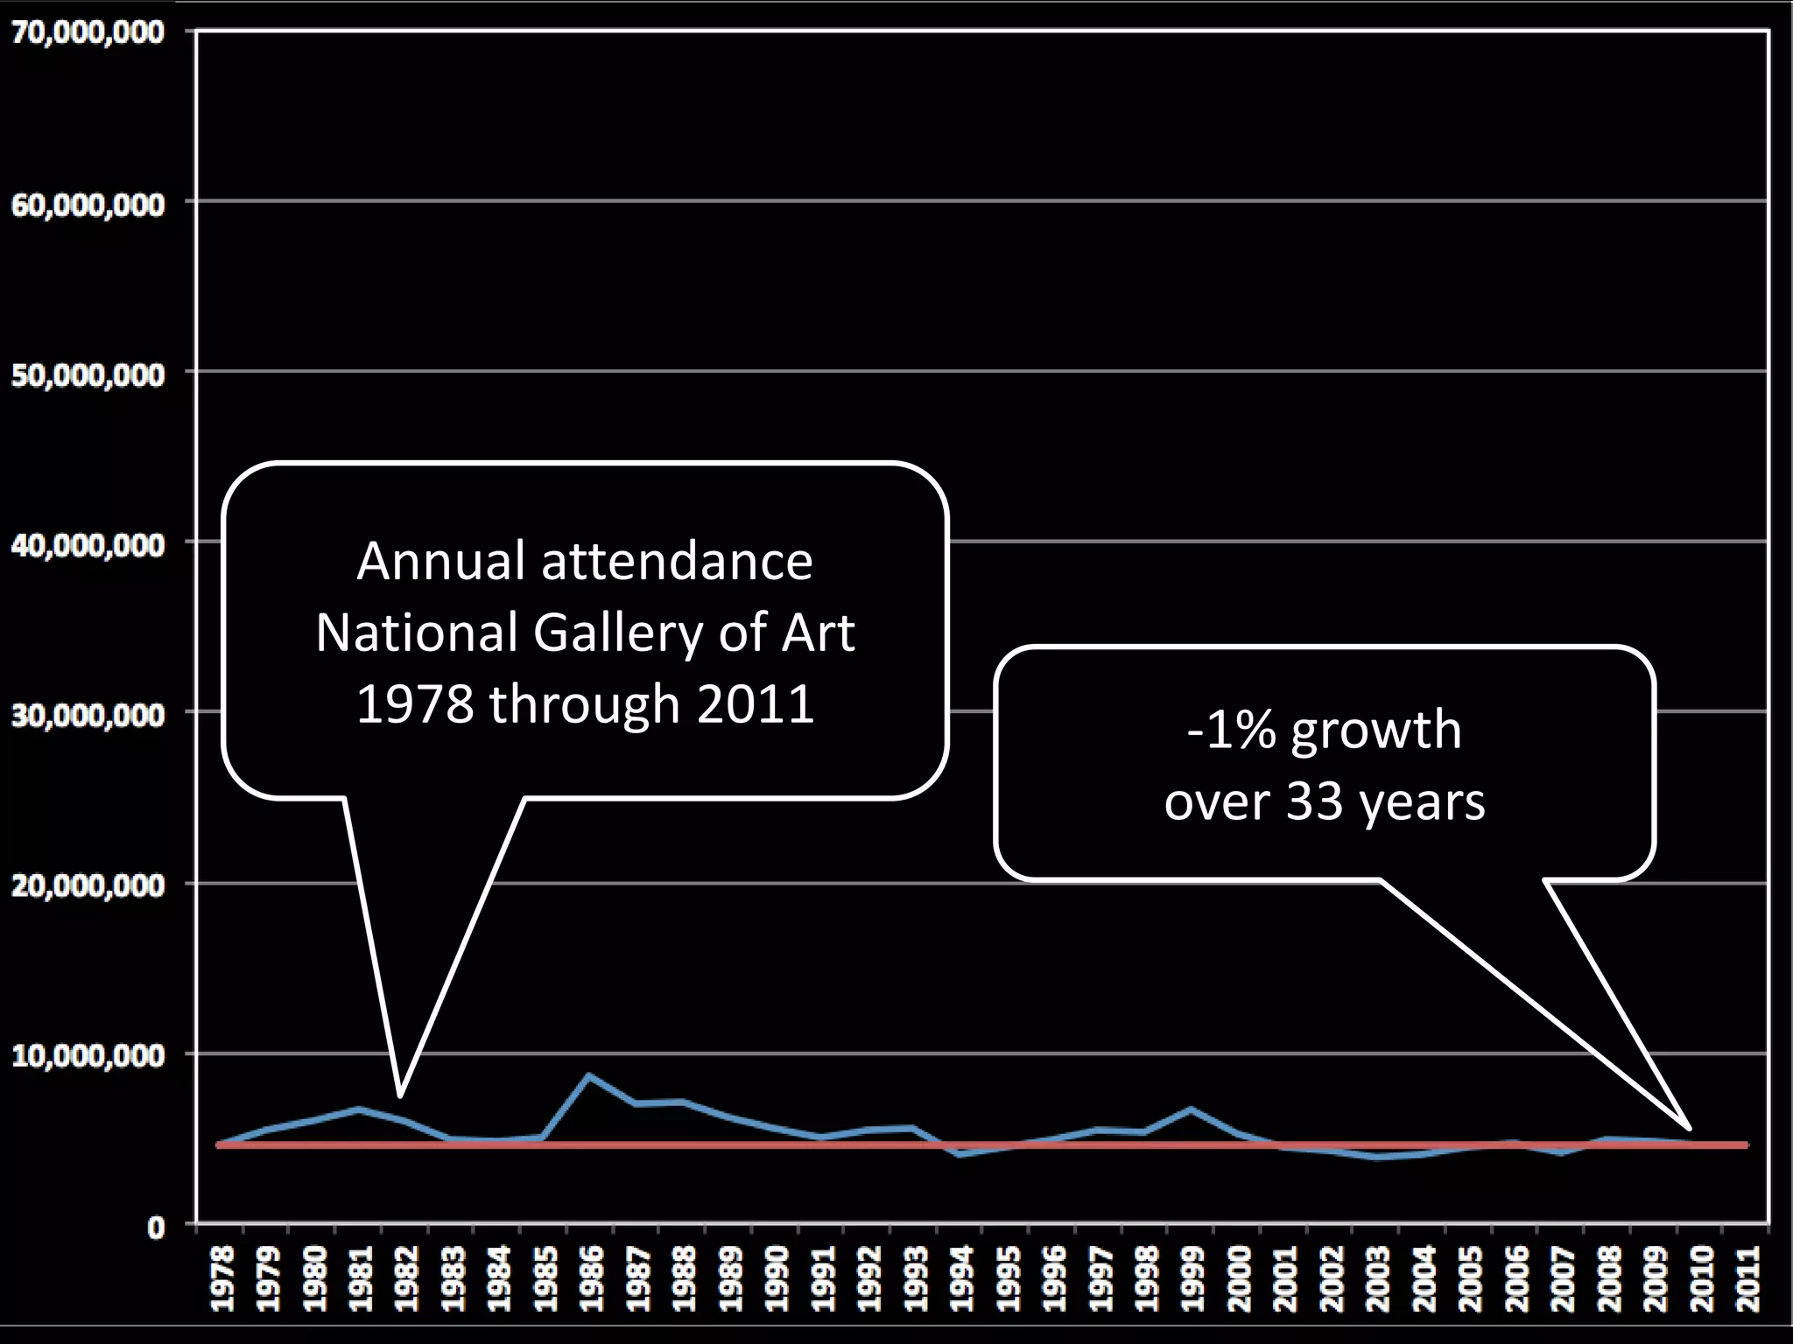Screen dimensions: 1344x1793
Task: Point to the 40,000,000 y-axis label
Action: (x=88, y=545)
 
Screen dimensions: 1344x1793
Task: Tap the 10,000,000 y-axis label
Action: (x=88, y=1056)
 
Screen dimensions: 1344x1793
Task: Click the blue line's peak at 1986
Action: (x=589, y=1074)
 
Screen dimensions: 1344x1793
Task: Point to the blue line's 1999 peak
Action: (x=1190, y=1109)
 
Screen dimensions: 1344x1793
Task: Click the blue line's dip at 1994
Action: (x=960, y=1155)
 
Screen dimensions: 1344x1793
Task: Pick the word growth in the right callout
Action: (x=1376, y=732)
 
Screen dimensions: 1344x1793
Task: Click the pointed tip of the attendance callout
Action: (x=399, y=1095)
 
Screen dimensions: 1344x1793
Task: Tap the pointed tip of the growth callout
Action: (x=1690, y=1129)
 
